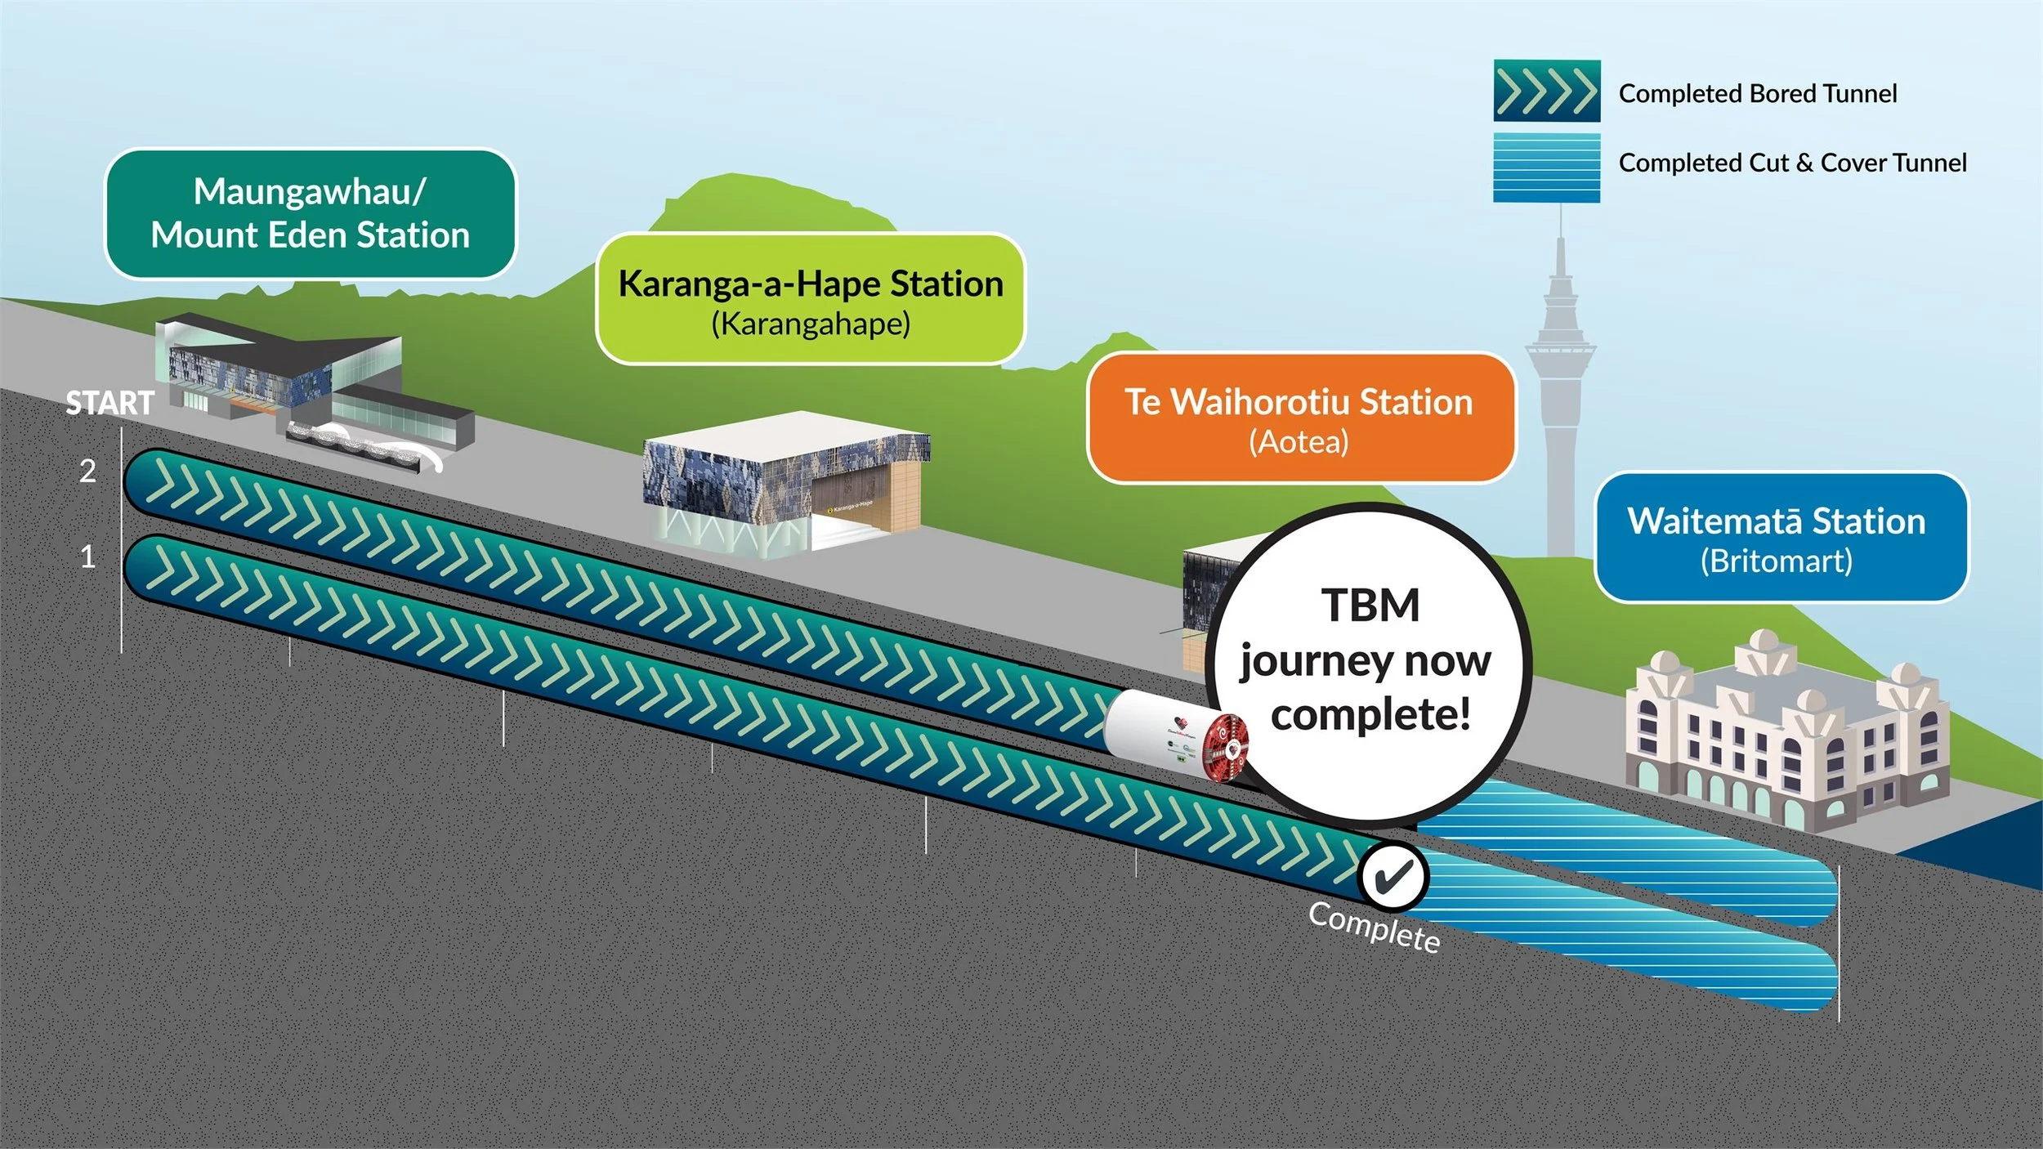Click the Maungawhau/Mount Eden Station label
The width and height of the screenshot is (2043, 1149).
tap(311, 213)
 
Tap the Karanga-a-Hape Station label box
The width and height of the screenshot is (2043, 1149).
tap(811, 299)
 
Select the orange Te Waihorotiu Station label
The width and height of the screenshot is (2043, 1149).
tap(1300, 418)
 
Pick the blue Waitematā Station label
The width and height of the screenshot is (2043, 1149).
tap(1781, 538)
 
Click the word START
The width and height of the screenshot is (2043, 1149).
tap(110, 403)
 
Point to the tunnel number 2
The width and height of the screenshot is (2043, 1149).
tap(87, 472)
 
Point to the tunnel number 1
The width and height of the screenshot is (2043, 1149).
tap(87, 557)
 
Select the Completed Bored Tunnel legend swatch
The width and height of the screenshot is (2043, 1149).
tap(1546, 91)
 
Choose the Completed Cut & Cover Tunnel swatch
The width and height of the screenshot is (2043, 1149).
tap(1546, 168)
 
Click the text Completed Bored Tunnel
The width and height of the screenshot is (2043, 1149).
tap(1757, 94)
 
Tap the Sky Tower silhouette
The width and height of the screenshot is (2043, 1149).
tap(1559, 368)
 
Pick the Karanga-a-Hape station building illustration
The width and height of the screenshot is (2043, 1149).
tap(785, 482)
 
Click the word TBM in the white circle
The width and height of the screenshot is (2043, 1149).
tap(1370, 606)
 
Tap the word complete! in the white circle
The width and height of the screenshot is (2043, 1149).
tap(1370, 714)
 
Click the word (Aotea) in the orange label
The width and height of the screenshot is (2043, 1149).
tap(1299, 442)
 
